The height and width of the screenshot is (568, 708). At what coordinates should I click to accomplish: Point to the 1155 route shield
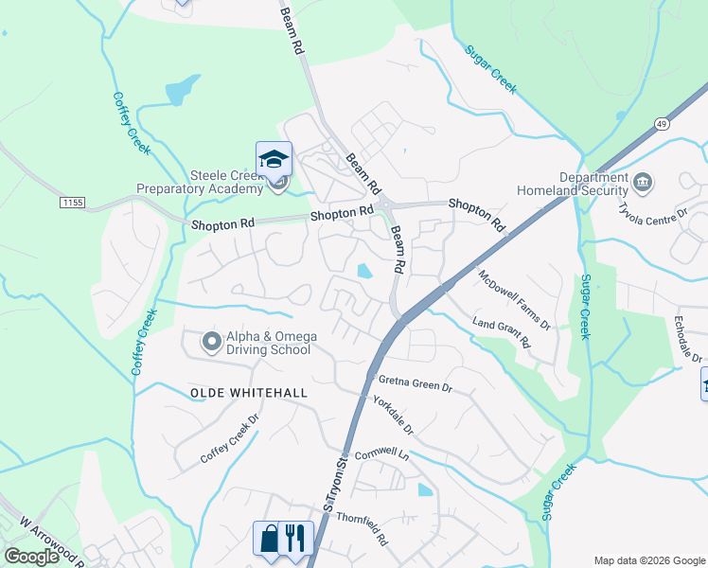click(71, 203)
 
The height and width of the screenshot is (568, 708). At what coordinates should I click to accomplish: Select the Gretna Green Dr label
click(416, 383)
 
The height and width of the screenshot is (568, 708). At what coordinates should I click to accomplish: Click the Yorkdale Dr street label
click(394, 415)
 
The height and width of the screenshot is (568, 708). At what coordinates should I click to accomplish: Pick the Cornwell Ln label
click(381, 453)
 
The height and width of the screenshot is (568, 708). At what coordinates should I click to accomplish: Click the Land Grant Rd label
click(502, 331)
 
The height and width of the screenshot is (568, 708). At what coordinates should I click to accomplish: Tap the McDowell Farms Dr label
click(514, 300)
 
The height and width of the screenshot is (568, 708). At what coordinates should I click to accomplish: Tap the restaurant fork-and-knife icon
click(296, 538)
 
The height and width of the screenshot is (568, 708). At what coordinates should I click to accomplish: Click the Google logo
click(31, 557)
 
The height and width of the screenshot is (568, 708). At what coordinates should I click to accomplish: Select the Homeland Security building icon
click(643, 181)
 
